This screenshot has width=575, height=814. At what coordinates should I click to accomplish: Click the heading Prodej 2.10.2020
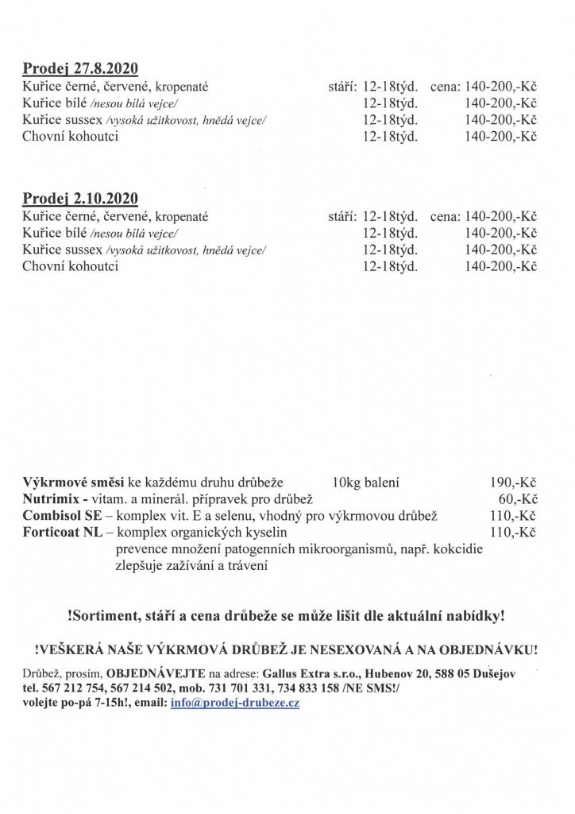coord(81,198)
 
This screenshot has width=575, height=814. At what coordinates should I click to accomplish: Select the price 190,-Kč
coord(514,483)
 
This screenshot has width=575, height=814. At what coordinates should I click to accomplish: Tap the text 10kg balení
coord(367,483)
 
